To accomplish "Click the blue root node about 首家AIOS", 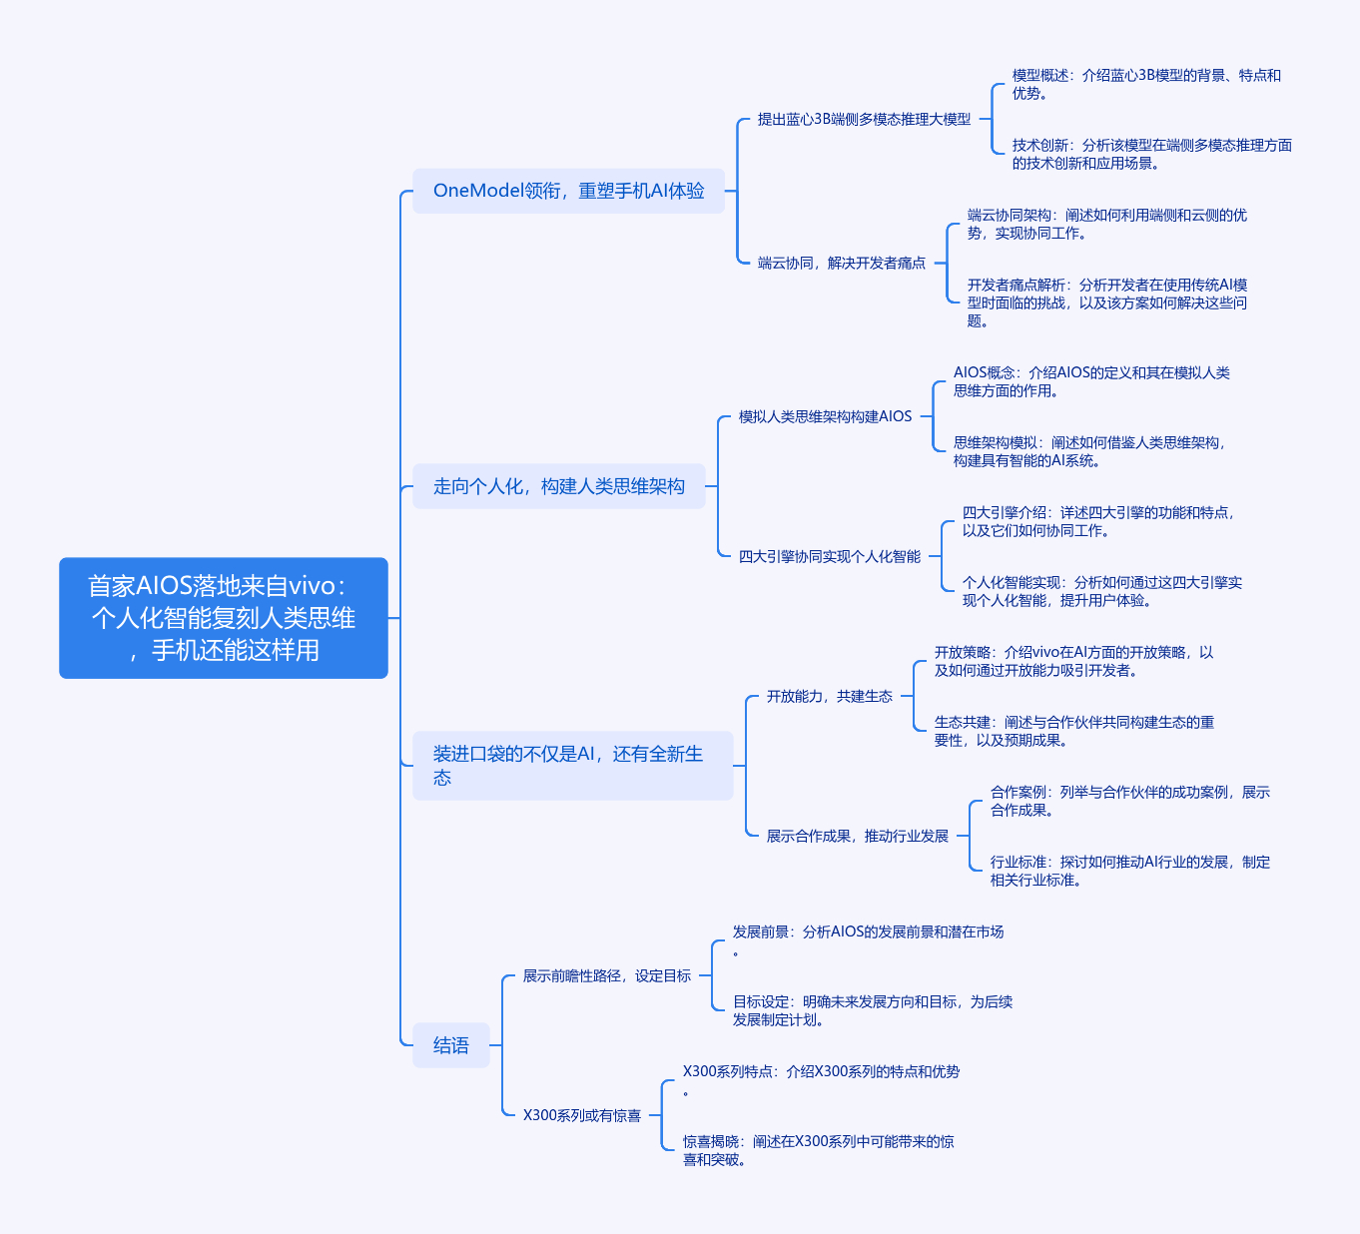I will tap(224, 618).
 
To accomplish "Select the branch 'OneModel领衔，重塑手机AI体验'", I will tap(568, 191).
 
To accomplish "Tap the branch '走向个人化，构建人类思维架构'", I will tap(558, 486).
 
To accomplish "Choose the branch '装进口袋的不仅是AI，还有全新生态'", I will tap(572, 766).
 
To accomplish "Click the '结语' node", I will tap(451, 1045).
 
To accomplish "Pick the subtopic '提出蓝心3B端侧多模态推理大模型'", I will tap(864, 119).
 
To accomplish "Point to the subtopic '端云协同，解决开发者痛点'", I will tap(841, 263).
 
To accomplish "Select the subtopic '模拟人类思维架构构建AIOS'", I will tap(825, 416).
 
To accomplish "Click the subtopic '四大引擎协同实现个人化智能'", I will tap(829, 556).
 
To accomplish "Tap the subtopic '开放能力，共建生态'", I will tap(829, 696).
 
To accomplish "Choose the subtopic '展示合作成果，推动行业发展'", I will tap(857, 836).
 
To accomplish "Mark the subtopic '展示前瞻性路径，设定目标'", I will tap(606, 975).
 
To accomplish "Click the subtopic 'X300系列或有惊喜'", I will tap(581, 1115).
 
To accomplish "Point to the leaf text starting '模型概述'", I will tap(1145, 84).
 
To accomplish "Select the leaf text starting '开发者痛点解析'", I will tap(1106, 303).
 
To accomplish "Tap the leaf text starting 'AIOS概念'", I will tap(1090, 381).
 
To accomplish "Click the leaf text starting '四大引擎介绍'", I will tap(1097, 521).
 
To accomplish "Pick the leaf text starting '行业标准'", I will tap(1129, 871).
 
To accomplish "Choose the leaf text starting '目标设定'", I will tap(872, 1010).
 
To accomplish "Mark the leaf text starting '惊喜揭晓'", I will tap(818, 1150).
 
